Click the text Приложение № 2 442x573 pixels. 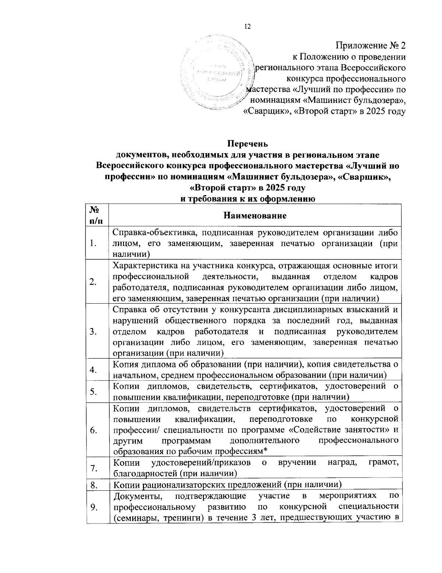coord(371,46)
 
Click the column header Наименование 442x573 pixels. coord(255,215)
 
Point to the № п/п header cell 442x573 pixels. coord(97,215)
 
